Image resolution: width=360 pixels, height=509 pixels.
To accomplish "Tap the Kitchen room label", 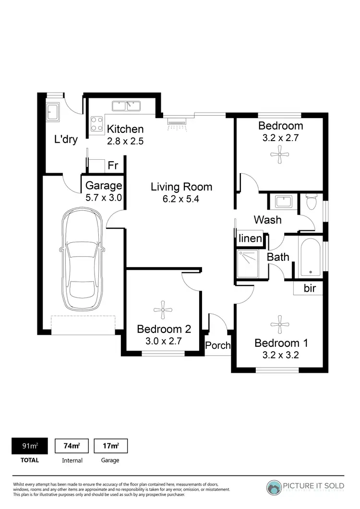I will (125, 129).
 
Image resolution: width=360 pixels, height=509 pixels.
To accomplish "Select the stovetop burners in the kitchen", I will (97, 124).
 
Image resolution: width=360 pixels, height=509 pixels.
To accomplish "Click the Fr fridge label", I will (113, 166).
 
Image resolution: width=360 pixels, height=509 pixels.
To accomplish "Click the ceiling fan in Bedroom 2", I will (163, 310).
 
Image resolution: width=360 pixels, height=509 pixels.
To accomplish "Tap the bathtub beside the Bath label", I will (311, 257).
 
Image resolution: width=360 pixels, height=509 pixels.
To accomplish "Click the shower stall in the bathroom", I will (248, 263).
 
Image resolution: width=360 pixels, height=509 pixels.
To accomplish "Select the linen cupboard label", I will (251, 238).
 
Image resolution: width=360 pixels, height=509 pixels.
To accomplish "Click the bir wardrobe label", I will (310, 288).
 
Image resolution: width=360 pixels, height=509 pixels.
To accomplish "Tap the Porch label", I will (218, 345).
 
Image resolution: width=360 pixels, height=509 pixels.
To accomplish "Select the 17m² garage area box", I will (110, 446).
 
